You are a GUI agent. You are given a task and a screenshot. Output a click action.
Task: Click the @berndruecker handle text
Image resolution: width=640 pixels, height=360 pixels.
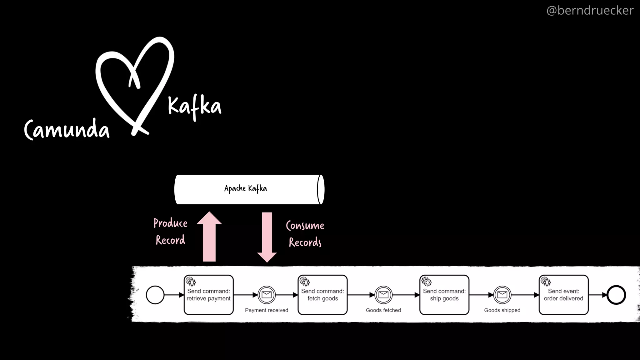point(590,11)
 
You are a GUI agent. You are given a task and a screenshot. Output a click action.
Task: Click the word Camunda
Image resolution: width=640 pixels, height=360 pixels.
point(67,129)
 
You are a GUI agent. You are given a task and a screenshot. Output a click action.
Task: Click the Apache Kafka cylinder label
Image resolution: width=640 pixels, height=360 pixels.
point(246,188)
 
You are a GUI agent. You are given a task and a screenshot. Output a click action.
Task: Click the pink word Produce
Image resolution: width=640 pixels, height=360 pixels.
point(170,223)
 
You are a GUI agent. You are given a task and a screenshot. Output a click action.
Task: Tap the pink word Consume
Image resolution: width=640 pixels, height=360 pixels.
point(305,226)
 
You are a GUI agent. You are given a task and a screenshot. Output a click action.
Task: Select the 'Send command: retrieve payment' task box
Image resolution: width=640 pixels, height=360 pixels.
point(208,295)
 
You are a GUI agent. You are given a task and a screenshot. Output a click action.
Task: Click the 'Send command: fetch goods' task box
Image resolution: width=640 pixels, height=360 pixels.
point(322,295)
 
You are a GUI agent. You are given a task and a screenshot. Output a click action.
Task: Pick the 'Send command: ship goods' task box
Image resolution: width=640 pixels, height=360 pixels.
point(444,295)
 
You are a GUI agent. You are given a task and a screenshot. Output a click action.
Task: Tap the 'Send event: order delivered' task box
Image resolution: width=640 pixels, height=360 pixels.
point(563,295)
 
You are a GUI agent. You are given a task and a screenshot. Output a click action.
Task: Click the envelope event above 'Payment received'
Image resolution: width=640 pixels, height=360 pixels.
point(267,295)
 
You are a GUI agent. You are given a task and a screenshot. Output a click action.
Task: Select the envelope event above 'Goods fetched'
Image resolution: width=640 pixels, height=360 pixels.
point(383,295)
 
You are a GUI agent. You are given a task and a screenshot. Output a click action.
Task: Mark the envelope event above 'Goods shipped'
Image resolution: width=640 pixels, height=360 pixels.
point(502,295)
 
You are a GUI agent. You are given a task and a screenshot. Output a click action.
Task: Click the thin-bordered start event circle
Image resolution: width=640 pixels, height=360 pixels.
point(155,295)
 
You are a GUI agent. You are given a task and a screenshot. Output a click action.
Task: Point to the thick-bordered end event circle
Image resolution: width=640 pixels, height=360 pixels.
point(616,295)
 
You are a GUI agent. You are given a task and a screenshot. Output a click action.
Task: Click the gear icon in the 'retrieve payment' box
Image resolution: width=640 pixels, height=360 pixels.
point(191,282)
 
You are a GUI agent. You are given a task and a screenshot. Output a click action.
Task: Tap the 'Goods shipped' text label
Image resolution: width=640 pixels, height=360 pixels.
point(502,310)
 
